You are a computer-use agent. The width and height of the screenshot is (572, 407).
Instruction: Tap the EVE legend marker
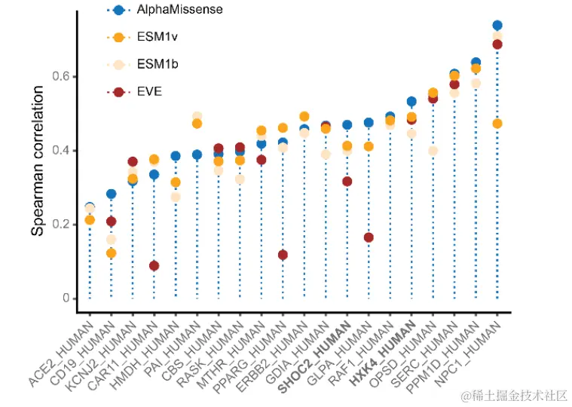click(118, 92)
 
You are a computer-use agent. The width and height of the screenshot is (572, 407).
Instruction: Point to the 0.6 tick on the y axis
click(65, 77)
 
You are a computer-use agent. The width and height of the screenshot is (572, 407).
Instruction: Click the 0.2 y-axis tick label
click(65, 225)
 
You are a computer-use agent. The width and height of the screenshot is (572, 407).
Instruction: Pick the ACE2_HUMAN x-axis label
click(63, 355)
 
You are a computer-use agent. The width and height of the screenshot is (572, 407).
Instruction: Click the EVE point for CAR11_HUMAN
click(154, 265)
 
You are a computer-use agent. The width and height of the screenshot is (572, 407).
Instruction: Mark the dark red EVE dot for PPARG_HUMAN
click(283, 255)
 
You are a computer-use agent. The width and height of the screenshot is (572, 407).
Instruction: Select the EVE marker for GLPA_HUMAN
click(369, 237)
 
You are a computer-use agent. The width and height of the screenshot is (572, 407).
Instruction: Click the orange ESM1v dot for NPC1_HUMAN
click(497, 124)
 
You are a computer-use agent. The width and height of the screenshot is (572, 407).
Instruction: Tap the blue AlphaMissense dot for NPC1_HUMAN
click(497, 26)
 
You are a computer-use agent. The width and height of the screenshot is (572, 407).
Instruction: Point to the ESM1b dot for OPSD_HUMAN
click(433, 151)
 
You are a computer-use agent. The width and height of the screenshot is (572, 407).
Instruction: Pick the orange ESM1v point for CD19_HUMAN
click(111, 253)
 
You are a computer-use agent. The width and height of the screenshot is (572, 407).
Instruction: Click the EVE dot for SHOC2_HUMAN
click(347, 182)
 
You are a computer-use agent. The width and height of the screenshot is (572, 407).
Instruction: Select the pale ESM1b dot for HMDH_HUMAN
click(176, 197)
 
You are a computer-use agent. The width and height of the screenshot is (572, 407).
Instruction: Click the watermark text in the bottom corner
click(514, 396)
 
